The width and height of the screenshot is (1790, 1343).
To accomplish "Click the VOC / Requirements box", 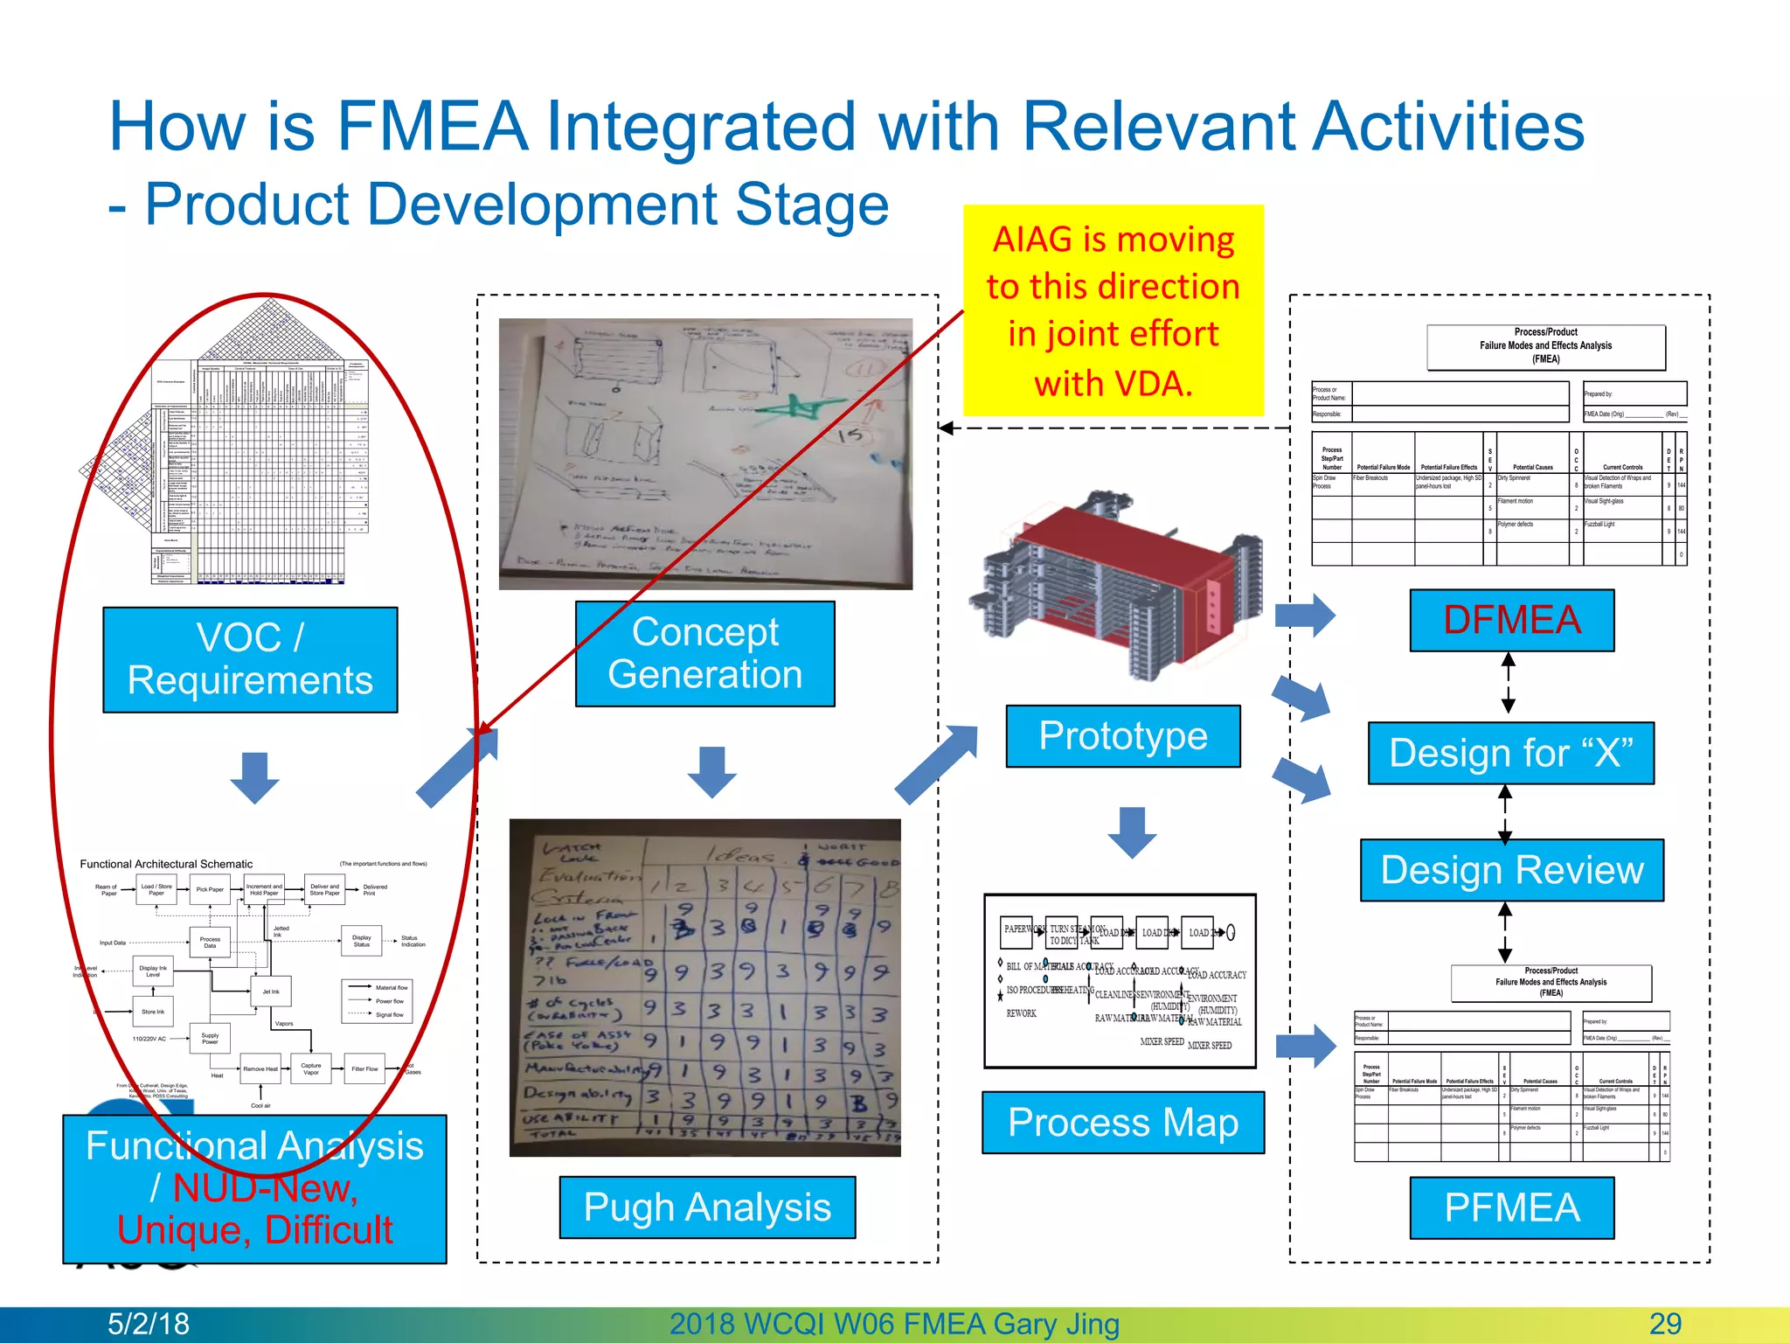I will point(250,659).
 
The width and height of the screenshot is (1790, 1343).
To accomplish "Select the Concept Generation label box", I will point(704,653).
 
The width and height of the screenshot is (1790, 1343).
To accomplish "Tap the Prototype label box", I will point(1123,736).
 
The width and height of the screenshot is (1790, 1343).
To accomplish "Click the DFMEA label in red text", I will point(1511,620).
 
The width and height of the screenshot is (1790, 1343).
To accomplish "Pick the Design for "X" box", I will point(1510,753).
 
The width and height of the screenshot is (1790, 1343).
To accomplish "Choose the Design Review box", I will point(1511,870).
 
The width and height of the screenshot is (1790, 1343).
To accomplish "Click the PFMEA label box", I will point(1511,1207).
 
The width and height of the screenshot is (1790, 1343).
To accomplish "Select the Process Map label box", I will point(1123,1123).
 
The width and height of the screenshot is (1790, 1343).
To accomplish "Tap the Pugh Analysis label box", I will point(707,1207).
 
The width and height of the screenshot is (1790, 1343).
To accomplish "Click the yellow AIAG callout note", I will point(1113,310).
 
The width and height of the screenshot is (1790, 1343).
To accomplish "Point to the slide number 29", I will point(1665,1324).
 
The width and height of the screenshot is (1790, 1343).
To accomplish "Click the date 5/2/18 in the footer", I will point(148,1324).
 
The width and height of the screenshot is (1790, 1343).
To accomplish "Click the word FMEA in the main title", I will point(432,127).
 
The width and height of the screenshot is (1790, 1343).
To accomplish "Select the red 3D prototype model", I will point(1127,586).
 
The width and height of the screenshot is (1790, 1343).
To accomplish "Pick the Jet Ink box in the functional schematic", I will point(271,992).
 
